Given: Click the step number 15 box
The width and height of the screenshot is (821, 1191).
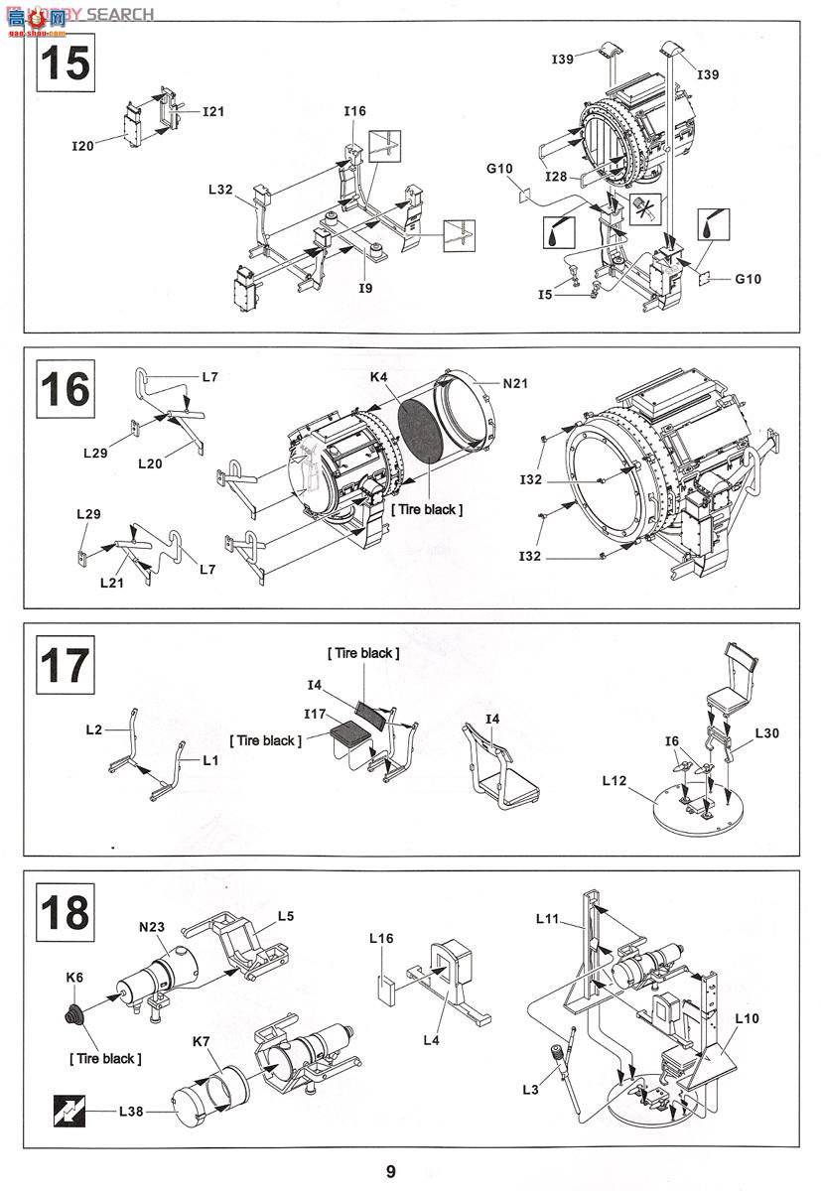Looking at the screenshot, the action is (x=66, y=63).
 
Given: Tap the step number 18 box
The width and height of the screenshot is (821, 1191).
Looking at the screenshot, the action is (x=66, y=912).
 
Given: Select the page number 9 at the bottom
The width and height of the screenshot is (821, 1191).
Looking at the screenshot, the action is (x=391, y=1171).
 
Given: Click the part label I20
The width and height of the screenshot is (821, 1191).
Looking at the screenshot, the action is (x=83, y=146).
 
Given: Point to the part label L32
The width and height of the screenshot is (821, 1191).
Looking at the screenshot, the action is (x=220, y=190).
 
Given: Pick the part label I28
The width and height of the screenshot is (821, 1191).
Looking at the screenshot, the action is (x=556, y=176).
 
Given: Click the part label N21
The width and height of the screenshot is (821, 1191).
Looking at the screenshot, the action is (x=515, y=383).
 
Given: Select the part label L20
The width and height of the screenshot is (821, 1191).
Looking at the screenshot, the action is (x=150, y=463).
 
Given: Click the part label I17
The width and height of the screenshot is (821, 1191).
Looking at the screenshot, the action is (x=315, y=714).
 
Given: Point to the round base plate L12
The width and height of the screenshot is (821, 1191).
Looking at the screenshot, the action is (x=698, y=808).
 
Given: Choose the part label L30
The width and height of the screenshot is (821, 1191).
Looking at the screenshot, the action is (x=767, y=733).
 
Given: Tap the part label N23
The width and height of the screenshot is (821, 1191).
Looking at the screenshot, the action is (x=152, y=927).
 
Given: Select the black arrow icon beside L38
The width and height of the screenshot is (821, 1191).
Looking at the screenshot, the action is (x=69, y=1112).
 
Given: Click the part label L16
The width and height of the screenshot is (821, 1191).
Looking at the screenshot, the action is (x=381, y=939).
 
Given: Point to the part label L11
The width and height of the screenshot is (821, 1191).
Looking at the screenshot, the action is (x=547, y=918).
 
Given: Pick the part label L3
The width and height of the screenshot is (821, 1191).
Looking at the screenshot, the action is (x=531, y=1090).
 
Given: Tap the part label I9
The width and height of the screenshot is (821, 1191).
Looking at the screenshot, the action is (x=366, y=288).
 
